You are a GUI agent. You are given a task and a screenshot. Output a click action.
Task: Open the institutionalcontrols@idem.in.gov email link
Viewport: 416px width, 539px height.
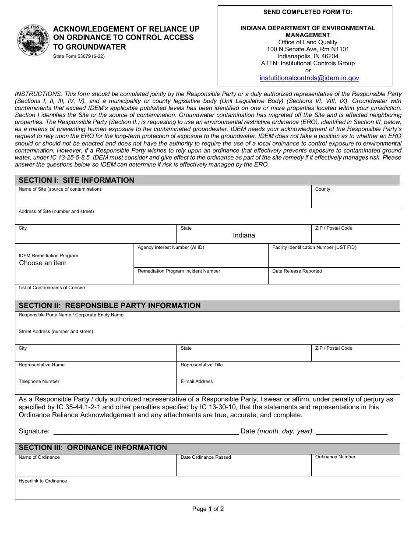click(309, 78)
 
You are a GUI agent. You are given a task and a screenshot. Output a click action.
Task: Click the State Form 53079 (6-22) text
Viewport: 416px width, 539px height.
click(79, 56)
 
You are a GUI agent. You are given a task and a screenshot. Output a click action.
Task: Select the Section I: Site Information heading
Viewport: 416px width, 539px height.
click(77, 180)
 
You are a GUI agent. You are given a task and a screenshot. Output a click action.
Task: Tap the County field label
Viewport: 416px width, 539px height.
click(323, 189)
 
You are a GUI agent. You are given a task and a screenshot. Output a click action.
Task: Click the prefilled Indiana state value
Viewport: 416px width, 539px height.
click(244, 235)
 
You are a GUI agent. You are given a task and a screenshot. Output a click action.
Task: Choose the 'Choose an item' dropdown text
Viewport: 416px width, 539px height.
click(43, 263)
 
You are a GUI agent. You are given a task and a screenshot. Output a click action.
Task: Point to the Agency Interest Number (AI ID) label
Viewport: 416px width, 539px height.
click(171, 248)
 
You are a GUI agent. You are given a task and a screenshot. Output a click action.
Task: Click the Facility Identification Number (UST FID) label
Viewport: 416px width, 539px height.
click(314, 248)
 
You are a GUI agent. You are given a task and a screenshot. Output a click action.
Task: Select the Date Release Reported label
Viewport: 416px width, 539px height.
click(297, 271)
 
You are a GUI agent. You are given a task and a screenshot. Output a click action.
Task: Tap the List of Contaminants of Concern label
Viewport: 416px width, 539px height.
click(53, 288)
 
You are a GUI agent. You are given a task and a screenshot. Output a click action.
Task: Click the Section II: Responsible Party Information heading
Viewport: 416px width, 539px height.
click(109, 305)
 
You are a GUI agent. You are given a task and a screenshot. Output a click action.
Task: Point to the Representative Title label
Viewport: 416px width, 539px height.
click(201, 365)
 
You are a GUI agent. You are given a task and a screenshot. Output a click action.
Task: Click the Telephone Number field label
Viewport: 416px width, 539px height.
click(39, 382)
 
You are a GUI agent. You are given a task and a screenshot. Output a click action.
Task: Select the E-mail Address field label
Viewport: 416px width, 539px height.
click(197, 382)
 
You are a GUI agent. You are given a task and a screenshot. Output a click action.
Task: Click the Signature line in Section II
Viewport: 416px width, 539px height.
click(146, 431)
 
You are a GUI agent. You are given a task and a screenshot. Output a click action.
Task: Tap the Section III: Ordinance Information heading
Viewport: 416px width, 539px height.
click(93, 447)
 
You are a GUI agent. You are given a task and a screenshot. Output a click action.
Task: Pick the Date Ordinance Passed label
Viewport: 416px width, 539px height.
click(206, 457)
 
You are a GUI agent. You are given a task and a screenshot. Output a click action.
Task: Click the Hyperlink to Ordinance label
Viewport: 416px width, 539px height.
click(43, 481)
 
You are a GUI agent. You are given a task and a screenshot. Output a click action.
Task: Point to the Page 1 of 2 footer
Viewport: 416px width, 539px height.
click(208, 509)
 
